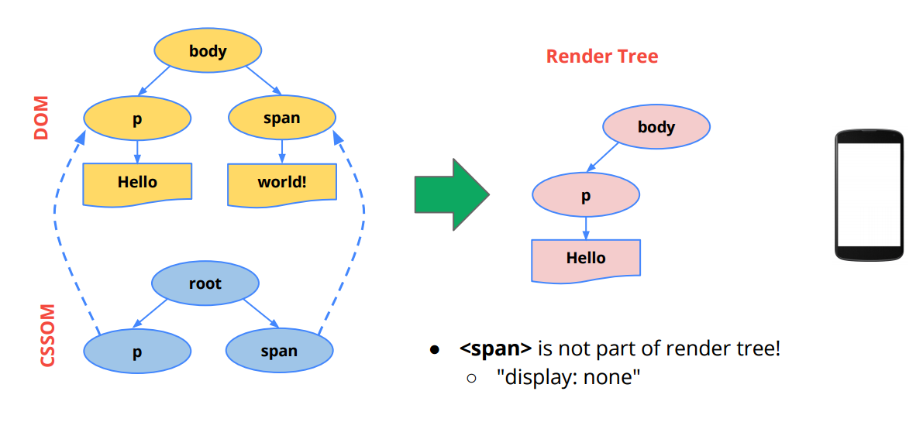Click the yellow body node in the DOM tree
pyautogui.click(x=208, y=51)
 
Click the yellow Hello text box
pyautogui.click(x=137, y=183)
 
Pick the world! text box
pyautogui.click(x=282, y=183)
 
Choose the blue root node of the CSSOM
pyautogui.click(x=205, y=284)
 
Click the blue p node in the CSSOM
pyautogui.click(x=137, y=352)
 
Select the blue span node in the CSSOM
pyautogui.click(x=279, y=352)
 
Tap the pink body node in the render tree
pyautogui.click(x=656, y=127)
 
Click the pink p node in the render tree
pyautogui.click(x=586, y=196)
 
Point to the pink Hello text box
pyautogui.click(x=586, y=259)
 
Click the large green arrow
pyautogui.click(x=452, y=194)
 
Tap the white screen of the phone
pyautogui.click(x=869, y=195)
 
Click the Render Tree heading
pyautogui.click(x=601, y=57)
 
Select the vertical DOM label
pyautogui.click(x=41, y=118)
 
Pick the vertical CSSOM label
pyautogui.click(x=47, y=335)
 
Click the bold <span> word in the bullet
pyautogui.click(x=496, y=349)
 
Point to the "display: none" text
pyautogui.click(x=568, y=376)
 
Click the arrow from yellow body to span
pyautogui.click(x=263, y=80)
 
